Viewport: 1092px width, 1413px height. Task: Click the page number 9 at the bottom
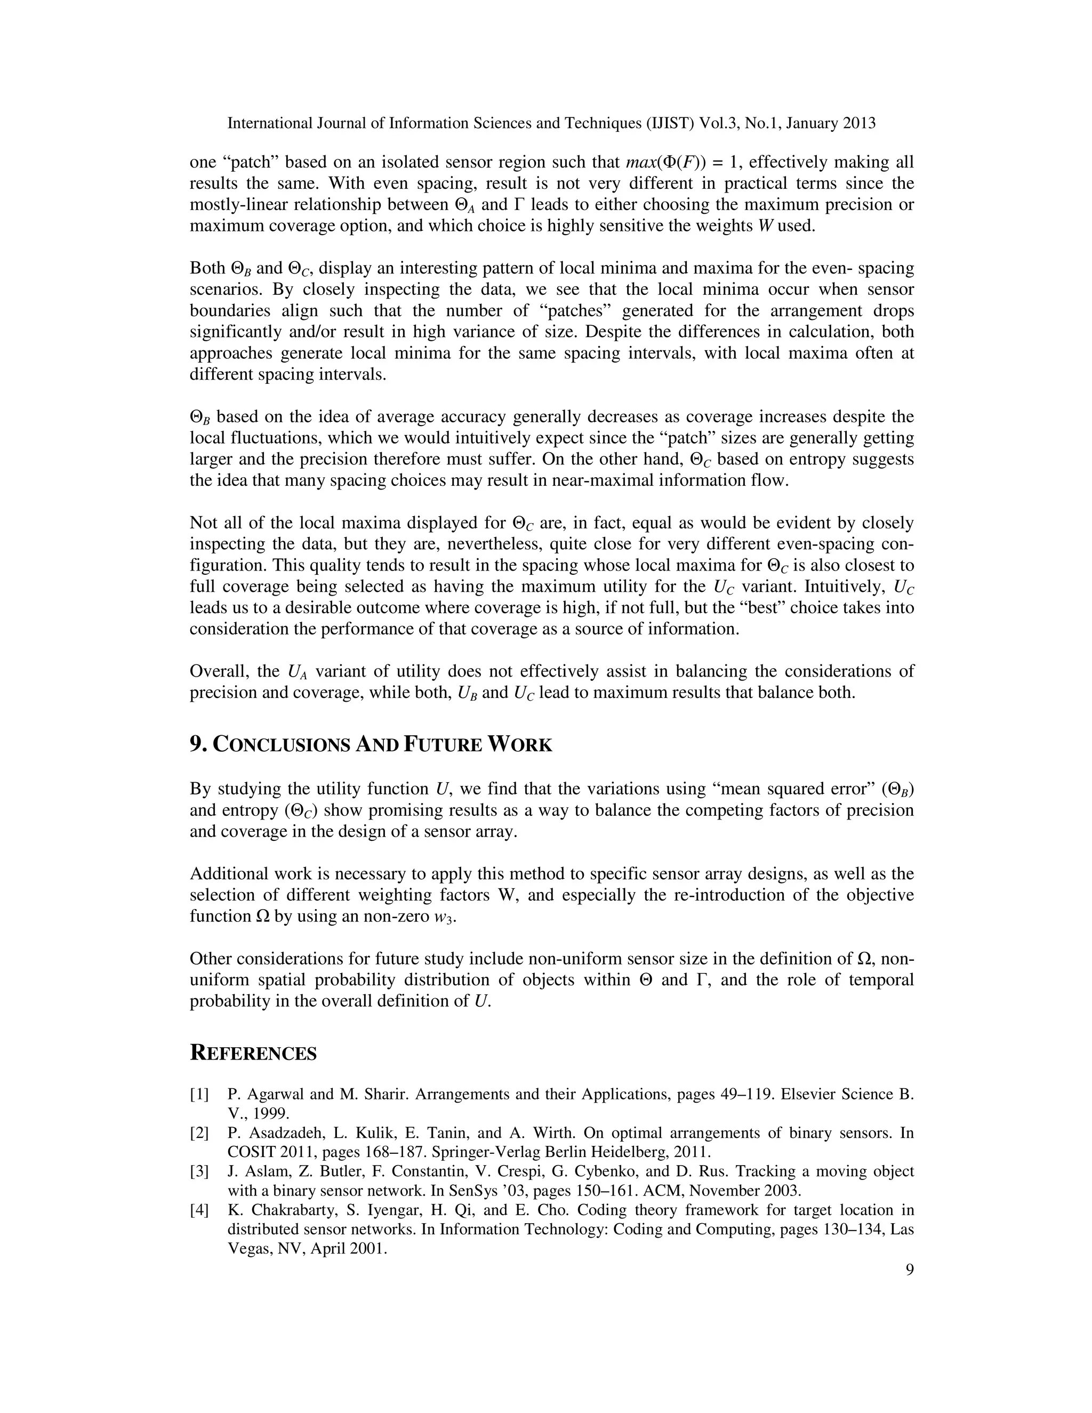909,1270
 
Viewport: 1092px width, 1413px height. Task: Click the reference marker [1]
199,1094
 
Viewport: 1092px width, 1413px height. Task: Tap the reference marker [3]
199,1171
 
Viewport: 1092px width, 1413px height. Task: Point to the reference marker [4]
199,1210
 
